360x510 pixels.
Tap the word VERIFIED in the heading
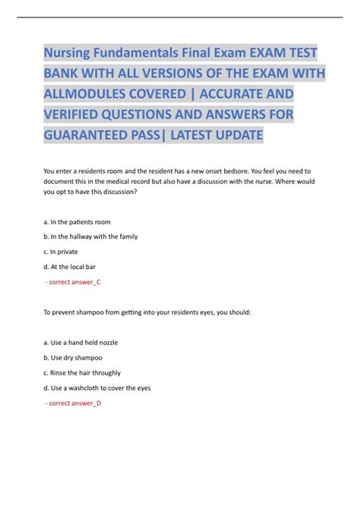82,116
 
